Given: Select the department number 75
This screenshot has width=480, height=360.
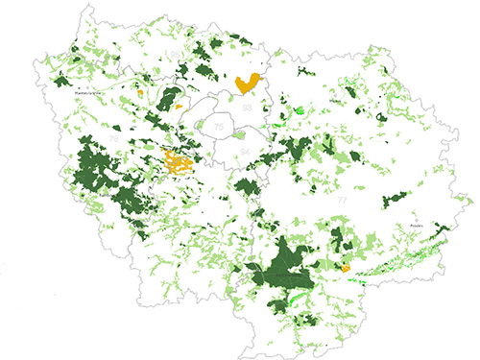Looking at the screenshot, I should (220, 127).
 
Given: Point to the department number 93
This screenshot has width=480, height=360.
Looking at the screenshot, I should (249, 108).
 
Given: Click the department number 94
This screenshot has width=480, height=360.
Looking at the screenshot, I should (245, 152).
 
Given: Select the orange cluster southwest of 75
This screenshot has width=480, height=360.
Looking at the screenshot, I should (177, 162).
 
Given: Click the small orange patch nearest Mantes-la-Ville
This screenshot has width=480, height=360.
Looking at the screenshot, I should (140, 93).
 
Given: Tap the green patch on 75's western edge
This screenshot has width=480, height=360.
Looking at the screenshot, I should (201, 130).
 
